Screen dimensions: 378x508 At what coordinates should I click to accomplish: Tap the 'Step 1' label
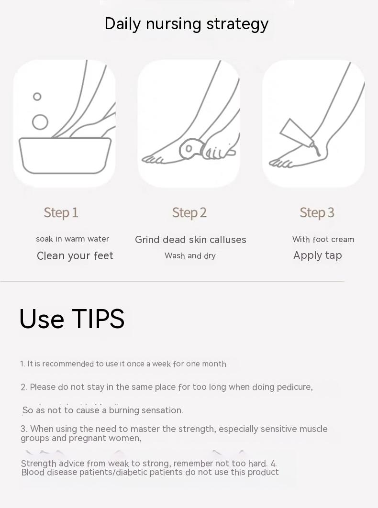pos(61,213)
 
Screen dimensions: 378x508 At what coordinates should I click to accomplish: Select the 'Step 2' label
pos(189,213)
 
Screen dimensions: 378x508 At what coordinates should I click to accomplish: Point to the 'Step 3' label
pos(317,213)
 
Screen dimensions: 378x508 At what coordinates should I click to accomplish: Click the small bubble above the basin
pos(37,97)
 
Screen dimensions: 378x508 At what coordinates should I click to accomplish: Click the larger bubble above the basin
pos(40,122)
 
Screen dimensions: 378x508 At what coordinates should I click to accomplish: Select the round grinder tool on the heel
pos(189,149)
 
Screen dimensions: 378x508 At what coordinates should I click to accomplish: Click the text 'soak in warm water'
pos(72,239)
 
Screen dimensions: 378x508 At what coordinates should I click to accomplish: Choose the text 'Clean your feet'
pos(75,255)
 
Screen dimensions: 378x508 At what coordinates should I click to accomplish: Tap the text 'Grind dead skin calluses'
pos(190,240)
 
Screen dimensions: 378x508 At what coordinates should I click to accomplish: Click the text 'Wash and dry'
pos(190,255)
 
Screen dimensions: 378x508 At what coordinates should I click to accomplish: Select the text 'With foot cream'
pos(323,240)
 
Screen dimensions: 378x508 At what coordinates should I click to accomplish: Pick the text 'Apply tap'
pos(317,255)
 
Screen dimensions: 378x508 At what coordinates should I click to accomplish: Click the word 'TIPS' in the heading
pos(98,319)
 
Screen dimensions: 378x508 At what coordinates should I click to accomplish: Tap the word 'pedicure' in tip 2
pos(295,387)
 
